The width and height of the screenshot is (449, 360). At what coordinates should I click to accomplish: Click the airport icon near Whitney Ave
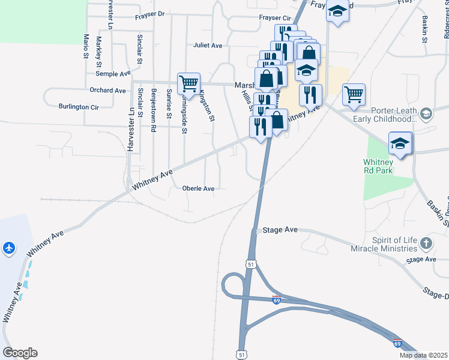click(x=8, y=247)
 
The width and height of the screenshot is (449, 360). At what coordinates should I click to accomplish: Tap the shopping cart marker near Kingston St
click(x=188, y=84)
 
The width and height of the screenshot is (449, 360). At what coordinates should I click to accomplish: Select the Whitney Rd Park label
click(x=378, y=166)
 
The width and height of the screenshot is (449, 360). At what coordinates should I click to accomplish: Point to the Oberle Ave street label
click(x=198, y=188)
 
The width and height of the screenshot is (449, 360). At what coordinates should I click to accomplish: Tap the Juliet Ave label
click(x=208, y=45)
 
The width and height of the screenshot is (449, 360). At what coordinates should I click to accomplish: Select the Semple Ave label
click(x=113, y=73)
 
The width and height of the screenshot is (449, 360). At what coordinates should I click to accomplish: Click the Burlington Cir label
click(x=79, y=107)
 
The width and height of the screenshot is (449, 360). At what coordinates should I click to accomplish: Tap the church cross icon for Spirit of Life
click(x=426, y=244)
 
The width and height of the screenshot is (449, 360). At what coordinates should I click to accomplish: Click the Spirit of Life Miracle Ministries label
click(x=394, y=244)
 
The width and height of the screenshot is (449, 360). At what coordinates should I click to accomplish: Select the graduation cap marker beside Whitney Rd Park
click(x=400, y=144)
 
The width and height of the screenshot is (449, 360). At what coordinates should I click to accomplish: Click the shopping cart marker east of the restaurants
click(x=354, y=94)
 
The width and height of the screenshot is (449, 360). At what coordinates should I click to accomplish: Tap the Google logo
click(x=19, y=353)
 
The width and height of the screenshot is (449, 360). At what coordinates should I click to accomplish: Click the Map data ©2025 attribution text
click(x=423, y=355)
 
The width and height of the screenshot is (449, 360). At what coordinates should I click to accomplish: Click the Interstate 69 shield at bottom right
click(x=397, y=343)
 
